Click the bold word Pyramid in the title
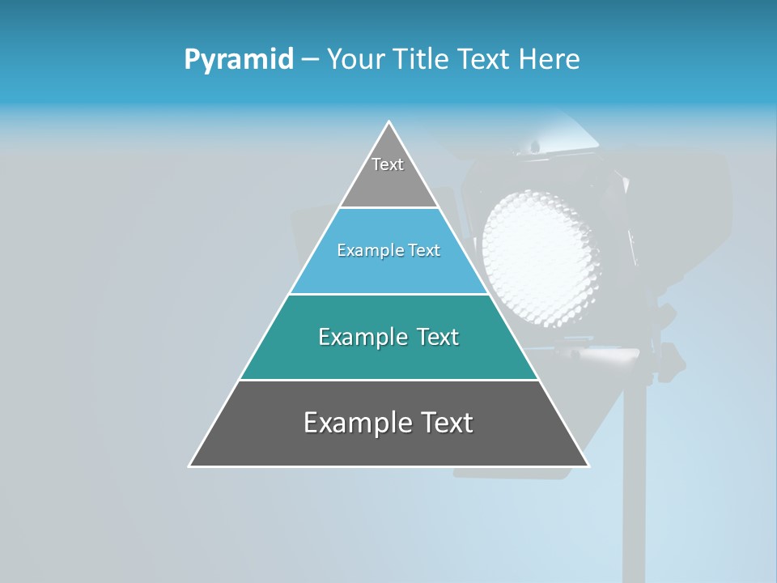coord(238,60)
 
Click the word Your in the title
coord(355,60)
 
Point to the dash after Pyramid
coord(309,60)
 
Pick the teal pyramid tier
coord(388,356)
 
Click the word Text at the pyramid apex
coord(388,164)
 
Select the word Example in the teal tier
coord(361,337)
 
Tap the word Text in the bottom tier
coord(445,423)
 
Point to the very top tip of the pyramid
coord(389,123)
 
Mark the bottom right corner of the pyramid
coord(588,466)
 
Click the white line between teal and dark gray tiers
coord(388,380)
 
